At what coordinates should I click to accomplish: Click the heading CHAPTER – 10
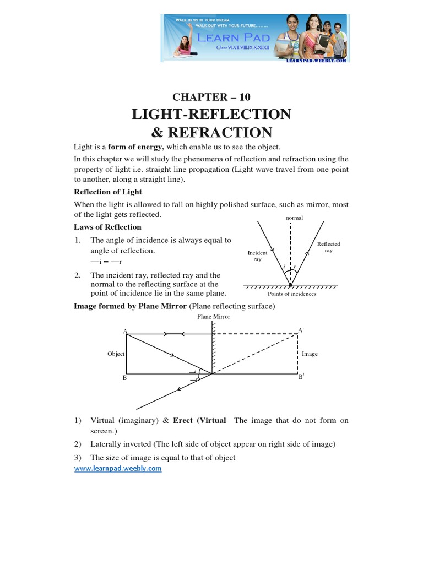pos(211,97)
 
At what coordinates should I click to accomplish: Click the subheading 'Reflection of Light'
pos(108,192)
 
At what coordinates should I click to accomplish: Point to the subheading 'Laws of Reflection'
pos(107,226)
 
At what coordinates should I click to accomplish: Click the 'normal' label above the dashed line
pos(294,218)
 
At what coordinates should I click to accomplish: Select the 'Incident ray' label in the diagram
pos(257,256)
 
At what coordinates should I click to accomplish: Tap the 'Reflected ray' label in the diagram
pos(328,247)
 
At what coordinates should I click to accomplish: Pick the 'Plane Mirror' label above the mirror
pos(214,317)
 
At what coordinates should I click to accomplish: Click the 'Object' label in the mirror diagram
pos(116,354)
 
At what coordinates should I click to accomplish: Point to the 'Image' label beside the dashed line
pos(310,354)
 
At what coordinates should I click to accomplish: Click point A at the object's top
pos(126,331)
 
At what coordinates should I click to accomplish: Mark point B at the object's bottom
pos(125,378)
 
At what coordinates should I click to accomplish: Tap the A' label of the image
pos(301,330)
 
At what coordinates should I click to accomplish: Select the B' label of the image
pos(301,377)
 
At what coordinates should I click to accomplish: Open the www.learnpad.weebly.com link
pos(118,468)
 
